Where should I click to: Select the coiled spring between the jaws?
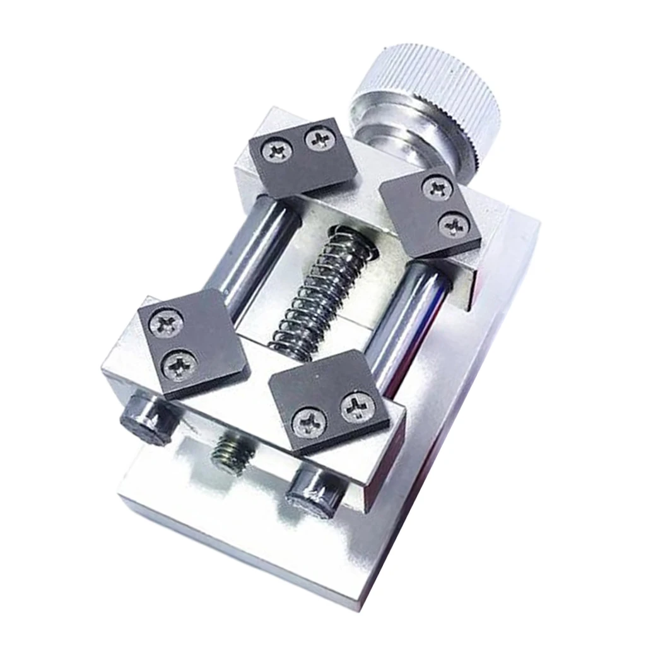pyautogui.click(x=322, y=290)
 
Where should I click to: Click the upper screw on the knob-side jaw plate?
pyautogui.click(x=437, y=187)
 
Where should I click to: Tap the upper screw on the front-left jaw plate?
pyautogui.click(x=167, y=324)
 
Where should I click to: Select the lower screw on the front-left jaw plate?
pyautogui.click(x=180, y=364)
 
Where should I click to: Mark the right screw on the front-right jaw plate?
pyautogui.click(x=357, y=408)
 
